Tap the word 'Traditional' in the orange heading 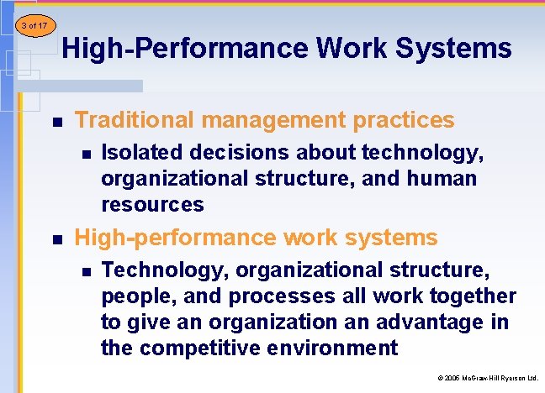tap(130, 120)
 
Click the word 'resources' tap(152, 204)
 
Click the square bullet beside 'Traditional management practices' tap(56, 122)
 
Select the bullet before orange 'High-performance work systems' tap(56, 239)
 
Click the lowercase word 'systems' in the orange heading tap(396, 238)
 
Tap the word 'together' tap(472, 296)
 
